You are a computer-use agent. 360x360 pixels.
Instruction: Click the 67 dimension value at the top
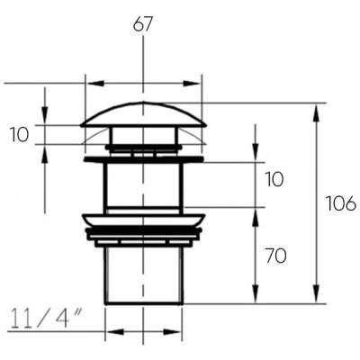tap(143, 24)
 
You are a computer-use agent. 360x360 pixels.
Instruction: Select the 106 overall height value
tap(341, 204)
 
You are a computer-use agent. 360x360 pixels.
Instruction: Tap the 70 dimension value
tap(275, 256)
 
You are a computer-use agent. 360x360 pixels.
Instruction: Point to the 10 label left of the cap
tap(19, 134)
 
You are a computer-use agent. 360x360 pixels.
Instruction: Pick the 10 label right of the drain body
tap(274, 179)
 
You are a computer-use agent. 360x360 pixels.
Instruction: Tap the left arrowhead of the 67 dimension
tap(94, 84)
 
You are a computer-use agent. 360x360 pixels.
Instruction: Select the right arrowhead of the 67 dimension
tap(192, 84)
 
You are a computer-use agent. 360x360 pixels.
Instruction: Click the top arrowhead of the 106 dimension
tap(316, 112)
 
